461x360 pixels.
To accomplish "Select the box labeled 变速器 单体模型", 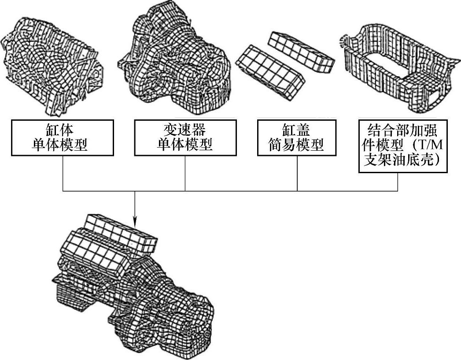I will tap(184, 138).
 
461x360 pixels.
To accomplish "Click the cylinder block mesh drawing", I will tap(53, 62).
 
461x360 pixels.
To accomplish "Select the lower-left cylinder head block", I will tap(270, 71).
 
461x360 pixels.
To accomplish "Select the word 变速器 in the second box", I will tap(184, 130).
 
